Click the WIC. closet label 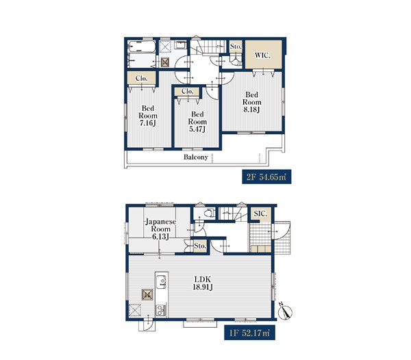[262, 55]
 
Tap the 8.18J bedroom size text [251, 102]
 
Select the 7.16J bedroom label [148, 116]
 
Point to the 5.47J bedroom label [197, 122]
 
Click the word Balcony [195, 157]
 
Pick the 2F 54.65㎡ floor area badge [266, 177]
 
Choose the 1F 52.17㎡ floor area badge [249, 333]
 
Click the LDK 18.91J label [202, 283]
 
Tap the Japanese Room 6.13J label [161, 229]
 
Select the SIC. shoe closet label [260, 214]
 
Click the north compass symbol [285, 311]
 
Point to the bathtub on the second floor [142, 47]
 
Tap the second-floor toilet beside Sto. [236, 60]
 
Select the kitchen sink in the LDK [161, 282]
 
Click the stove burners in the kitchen [160, 311]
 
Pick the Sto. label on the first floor [200, 246]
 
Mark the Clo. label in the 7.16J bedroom [142, 78]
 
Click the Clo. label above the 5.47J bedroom [187, 91]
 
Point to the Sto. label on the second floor [236, 47]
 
